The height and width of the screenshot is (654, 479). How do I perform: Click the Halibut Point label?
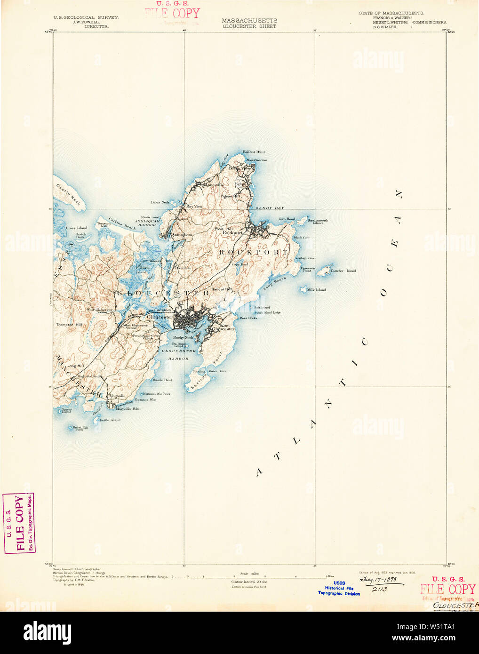254,152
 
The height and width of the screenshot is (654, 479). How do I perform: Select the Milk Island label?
316,290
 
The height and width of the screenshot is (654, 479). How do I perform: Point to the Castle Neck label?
69,194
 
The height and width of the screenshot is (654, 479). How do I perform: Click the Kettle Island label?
110,420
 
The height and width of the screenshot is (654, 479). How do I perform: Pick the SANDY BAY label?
270,207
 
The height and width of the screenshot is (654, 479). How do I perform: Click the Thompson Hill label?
69,325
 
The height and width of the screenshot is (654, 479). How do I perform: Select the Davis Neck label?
160,202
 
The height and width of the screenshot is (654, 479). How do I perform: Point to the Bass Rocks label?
248,318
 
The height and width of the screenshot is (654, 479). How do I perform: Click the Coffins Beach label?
122,223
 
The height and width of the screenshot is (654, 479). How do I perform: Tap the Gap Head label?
287,219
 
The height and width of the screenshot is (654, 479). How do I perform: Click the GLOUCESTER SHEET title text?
249,26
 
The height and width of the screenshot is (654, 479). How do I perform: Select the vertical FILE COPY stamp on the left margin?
19,523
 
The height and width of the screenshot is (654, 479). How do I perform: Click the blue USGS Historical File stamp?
339,588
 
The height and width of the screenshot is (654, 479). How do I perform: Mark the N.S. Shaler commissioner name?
385,27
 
